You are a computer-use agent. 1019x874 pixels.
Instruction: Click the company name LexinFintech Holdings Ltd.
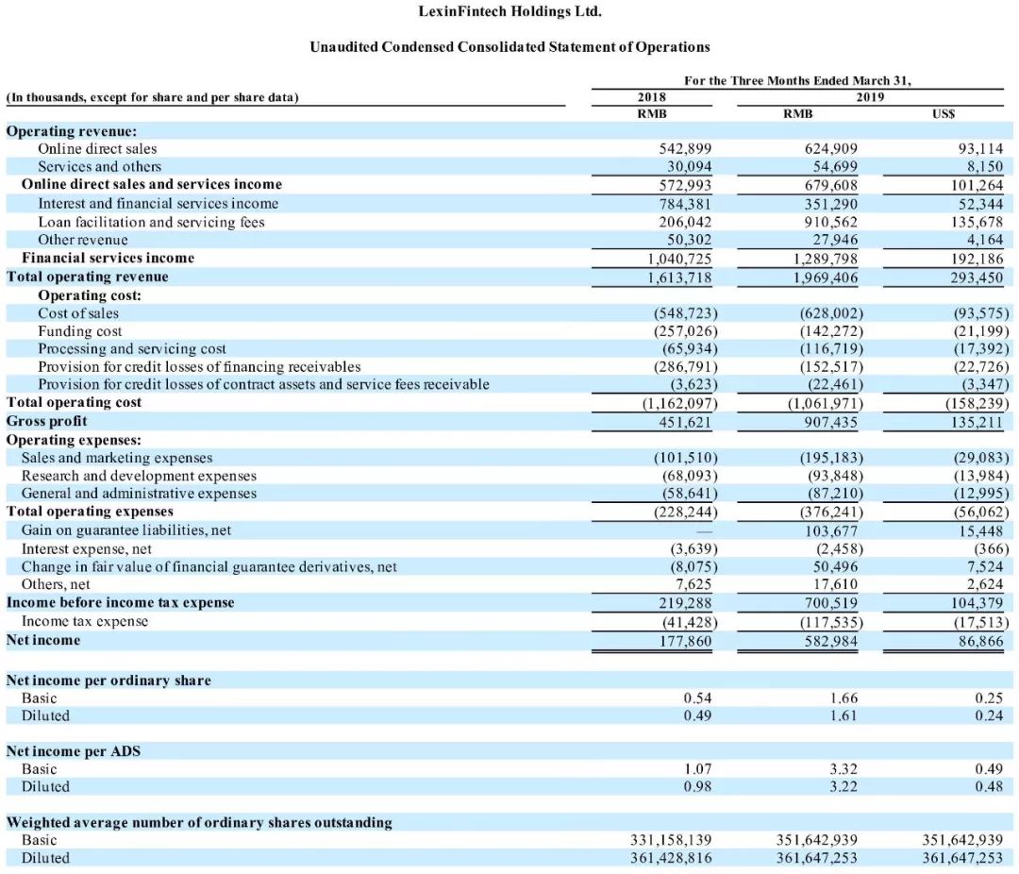(x=509, y=12)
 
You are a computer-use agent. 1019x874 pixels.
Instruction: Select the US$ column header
(x=944, y=114)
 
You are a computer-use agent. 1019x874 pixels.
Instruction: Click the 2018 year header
(x=651, y=97)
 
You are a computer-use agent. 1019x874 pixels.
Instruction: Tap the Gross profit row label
(x=47, y=421)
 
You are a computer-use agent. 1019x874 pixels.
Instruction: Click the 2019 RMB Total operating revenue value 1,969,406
(x=826, y=277)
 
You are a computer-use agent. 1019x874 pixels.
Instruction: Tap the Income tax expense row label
(x=85, y=621)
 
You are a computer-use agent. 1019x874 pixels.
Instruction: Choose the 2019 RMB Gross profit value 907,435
(x=831, y=421)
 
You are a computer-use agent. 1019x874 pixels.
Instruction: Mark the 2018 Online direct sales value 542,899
(x=685, y=148)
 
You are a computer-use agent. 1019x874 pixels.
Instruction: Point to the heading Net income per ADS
(x=74, y=751)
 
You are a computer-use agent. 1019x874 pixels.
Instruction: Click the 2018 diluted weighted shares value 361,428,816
(x=671, y=858)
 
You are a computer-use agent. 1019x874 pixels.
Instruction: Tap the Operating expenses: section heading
(x=75, y=440)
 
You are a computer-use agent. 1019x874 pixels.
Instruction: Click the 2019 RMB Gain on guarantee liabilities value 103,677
(x=831, y=530)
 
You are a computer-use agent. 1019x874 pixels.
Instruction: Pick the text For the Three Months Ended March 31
(x=798, y=80)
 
